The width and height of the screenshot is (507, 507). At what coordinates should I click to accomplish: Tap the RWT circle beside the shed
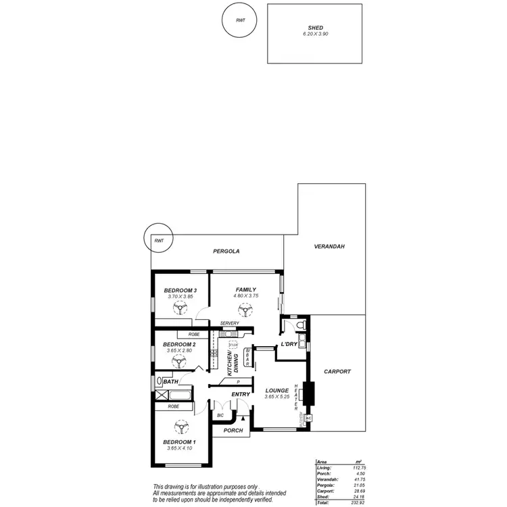coord(241,21)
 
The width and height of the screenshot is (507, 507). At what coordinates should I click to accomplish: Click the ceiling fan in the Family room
coord(245,310)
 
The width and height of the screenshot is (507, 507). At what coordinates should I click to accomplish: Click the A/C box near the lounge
coord(308,418)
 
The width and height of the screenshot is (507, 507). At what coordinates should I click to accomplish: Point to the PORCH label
coord(233,431)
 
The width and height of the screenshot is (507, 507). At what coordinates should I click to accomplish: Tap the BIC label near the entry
coord(220,415)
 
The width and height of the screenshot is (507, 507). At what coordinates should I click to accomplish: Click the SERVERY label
coord(230,323)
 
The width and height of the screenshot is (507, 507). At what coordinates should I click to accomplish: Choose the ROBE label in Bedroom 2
coord(194,335)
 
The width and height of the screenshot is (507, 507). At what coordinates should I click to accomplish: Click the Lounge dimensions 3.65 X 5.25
coord(277,397)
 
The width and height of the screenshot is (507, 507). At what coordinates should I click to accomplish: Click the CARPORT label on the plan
coord(337,371)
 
